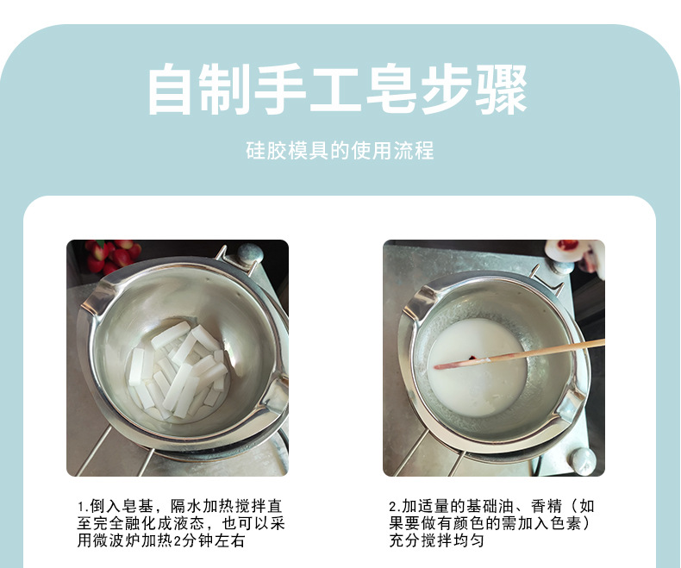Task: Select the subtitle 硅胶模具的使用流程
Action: pyautogui.click(x=340, y=152)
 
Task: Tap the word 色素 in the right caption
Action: pyautogui.click(x=578, y=523)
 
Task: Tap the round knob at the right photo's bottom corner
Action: pyautogui.click(x=581, y=460)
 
